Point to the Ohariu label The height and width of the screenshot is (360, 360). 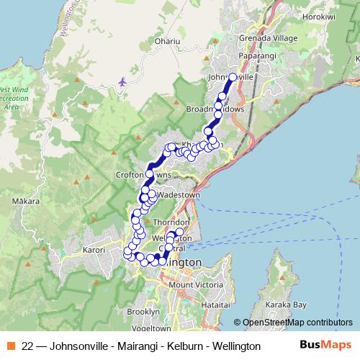pos(167,41)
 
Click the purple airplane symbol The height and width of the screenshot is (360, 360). pos(122,81)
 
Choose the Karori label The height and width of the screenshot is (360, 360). pos(94,250)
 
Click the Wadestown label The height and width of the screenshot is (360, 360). pos(177,195)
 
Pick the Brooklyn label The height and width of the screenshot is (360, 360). pos(143,312)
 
